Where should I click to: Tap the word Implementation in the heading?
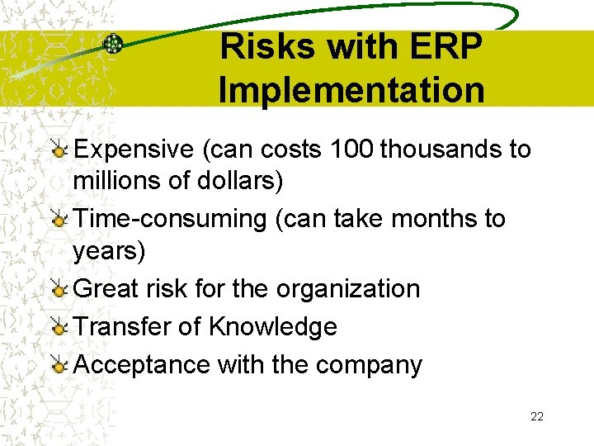coord(352,90)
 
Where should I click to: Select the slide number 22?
coord(537,416)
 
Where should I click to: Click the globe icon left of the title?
coord(113,45)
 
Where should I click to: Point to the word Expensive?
coord(132,149)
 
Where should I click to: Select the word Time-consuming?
coord(169,219)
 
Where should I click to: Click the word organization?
coord(348,289)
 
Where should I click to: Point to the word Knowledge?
coord(272,326)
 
